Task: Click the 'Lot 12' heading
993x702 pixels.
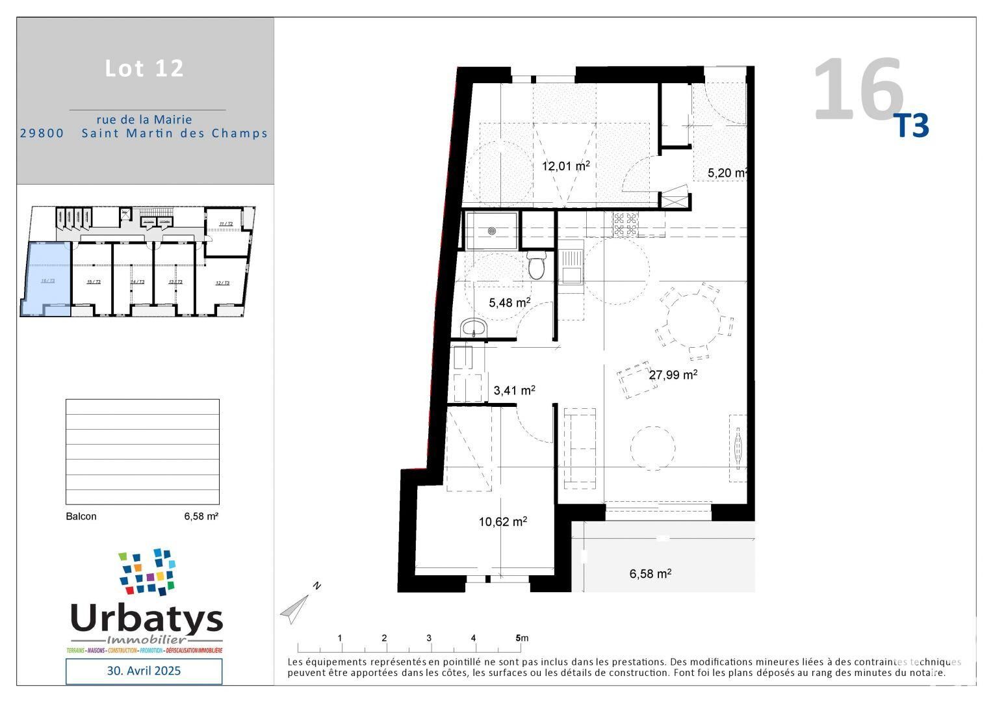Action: pos(144,68)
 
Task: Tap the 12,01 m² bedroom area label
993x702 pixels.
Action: pos(565,166)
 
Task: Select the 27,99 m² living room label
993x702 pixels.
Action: pos(673,374)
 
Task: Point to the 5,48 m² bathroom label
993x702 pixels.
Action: pos(509,302)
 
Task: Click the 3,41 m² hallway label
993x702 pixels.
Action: pos(514,390)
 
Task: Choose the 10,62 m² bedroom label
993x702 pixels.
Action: pos(502,521)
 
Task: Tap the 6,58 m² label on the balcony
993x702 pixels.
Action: pos(650,574)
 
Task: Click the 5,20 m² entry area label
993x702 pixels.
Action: pos(727,173)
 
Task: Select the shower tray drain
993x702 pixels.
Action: pos(492,230)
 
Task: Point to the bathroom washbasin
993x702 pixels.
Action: pos(474,328)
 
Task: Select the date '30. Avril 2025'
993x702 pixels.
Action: pos(144,671)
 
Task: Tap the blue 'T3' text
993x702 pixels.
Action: pos(912,126)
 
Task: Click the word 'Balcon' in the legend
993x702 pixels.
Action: pos(81,516)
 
